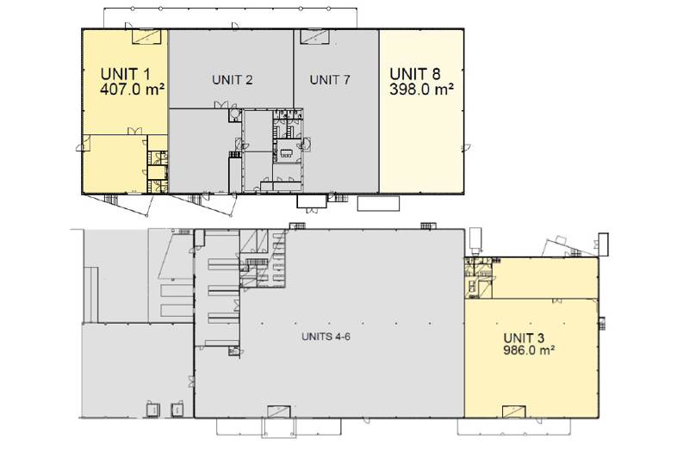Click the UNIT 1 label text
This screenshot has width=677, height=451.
point(125,74)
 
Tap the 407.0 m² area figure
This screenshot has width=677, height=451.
point(132,90)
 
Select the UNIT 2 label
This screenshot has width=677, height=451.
point(233,80)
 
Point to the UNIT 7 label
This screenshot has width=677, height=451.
point(330,80)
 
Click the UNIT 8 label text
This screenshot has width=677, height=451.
point(415,74)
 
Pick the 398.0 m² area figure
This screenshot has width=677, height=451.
point(421,90)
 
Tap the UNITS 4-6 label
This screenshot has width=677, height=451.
point(326,337)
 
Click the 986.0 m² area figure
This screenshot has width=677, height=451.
point(529,350)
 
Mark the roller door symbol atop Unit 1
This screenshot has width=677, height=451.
point(146,37)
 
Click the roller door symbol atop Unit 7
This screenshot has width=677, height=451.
point(315,37)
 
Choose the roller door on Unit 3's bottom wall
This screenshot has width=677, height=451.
point(514,411)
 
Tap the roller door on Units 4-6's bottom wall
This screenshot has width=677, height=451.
point(278,411)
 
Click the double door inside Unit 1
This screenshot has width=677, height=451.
point(134,131)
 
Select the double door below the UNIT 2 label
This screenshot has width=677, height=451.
point(221,104)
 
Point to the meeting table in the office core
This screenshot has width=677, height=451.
point(287,153)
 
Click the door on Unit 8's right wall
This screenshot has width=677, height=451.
point(465,147)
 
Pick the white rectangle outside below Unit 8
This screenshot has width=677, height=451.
point(378,204)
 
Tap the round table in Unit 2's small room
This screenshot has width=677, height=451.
point(235,114)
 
